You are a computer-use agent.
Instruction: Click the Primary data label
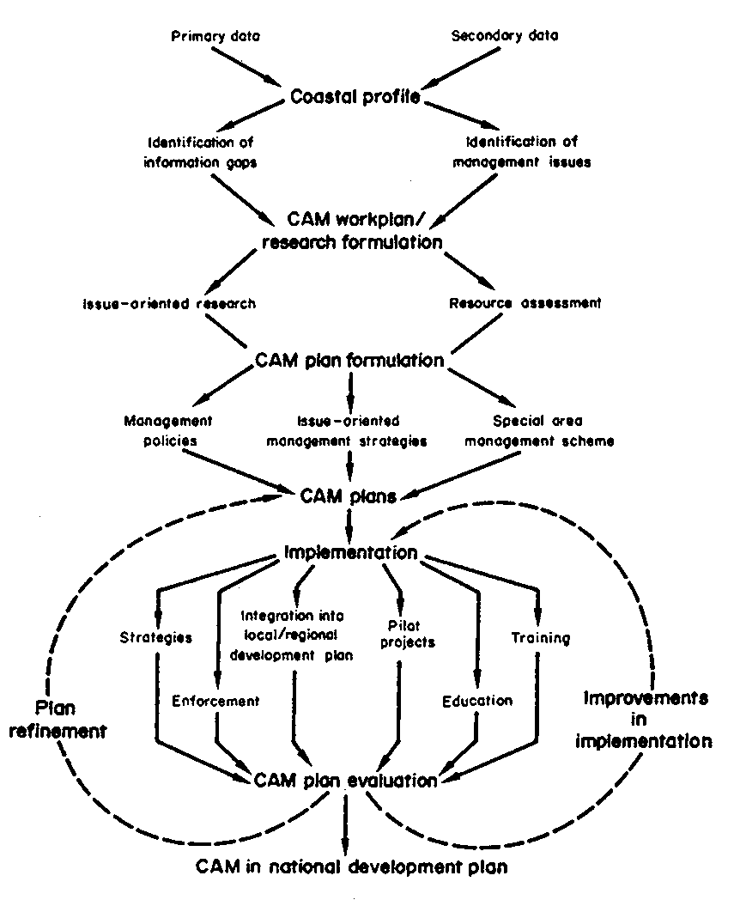pyautogui.click(x=215, y=36)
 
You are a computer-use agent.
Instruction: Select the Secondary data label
pyautogui.click(x=505, y=36)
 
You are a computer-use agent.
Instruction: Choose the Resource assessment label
pyautogui.click(x=525, y=303)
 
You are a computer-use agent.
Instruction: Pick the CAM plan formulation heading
pyautogui.click(x=349, y=360)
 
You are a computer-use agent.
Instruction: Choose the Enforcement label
pyautogui.click(x=215, y=700)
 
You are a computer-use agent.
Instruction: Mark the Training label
pyautogui.click(x=540, y=638)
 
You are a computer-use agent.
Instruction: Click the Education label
pyautogui.click(x=477, y=700)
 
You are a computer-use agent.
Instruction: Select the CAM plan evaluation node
pyautogui.click(x=346, y=781)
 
